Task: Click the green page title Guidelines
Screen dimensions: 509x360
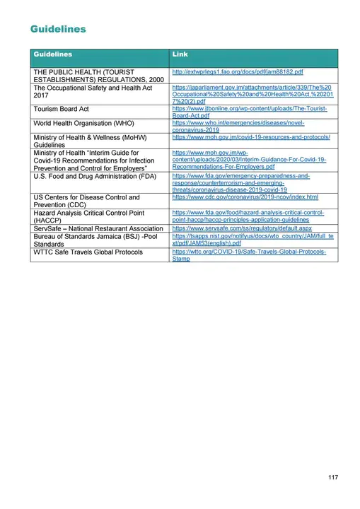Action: coord(59,29)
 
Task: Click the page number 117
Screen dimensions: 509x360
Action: coord(333,478)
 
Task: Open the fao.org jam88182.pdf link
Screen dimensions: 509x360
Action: coord(238,72)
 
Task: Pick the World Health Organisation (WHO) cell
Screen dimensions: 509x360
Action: coord(83,123)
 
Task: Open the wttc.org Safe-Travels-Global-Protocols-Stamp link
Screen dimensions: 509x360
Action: coord(249,255)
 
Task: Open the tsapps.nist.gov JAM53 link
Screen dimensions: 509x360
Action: coord(252,242)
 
